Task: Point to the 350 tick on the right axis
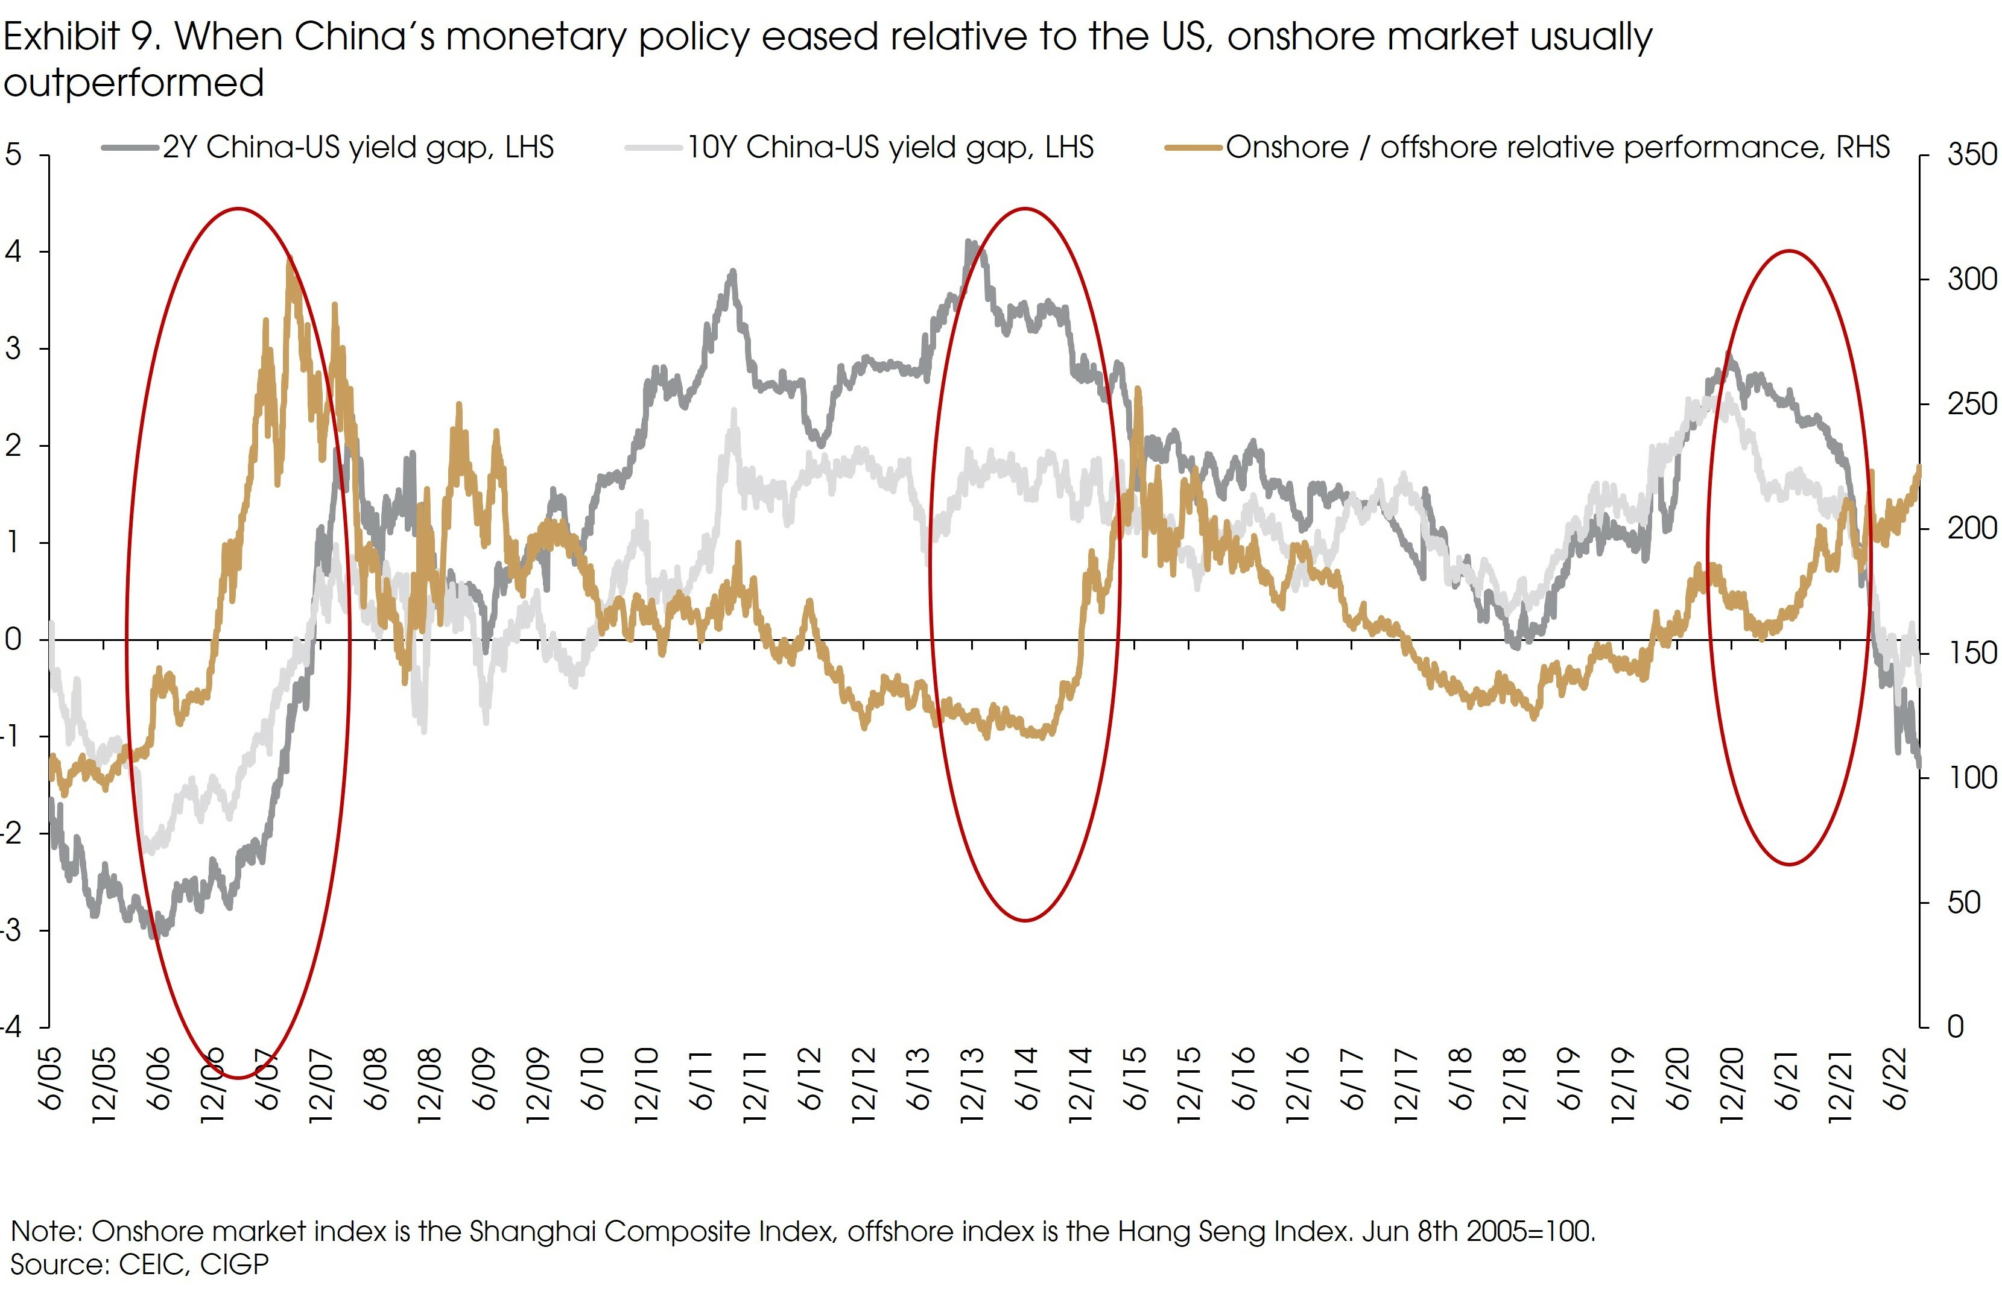pyautogui.click(x=1971, y=155)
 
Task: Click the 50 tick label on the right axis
pyautogui.click(x=1963, y=903)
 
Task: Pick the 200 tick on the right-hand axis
pyautogui.click(x=1971, y=528)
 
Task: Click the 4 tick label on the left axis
pyautogui.click(x=13, y=251)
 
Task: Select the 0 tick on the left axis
pyautogui.click(x=13, y=639)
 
